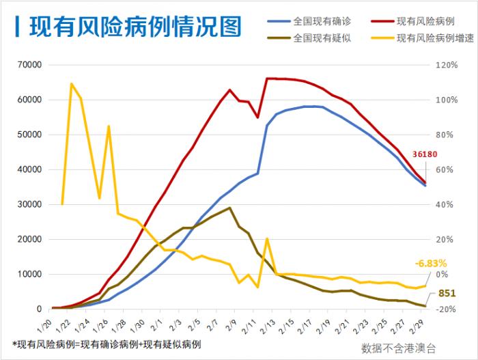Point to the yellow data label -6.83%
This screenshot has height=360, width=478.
(x=430, y=263)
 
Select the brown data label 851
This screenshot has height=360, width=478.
(x=446, y=294)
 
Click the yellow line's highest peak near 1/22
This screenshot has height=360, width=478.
(x=72, y=84)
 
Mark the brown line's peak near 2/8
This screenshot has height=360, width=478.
(x=229, y=208)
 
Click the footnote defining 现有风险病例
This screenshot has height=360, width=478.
(x=107, y=343)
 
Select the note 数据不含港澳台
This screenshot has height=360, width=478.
(x=398, y=347)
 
